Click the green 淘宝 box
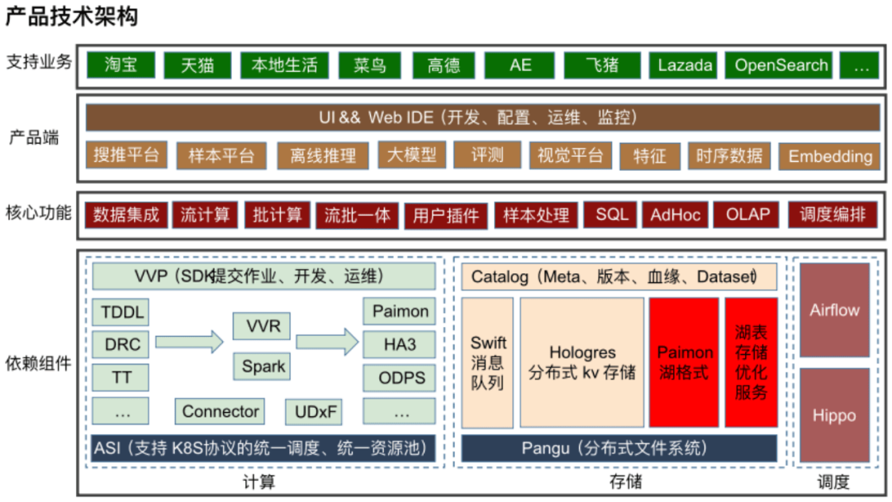tap(121, 65)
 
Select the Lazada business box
tap(686, 65)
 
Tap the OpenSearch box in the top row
tap(780, 65)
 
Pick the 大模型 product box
tap(412, 154)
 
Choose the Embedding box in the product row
tap(829, 155)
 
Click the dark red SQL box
tap(611, 215)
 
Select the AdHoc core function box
tap(675, 215)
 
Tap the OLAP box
tap(747, 215)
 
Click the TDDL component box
tap(121, 312)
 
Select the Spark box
tap(263, 366)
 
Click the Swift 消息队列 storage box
tap(488, 363)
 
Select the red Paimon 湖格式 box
tap(685, 363)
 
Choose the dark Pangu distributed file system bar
tap(615, 448)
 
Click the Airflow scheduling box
tap(834, 310)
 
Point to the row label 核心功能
tap(39, 214)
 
